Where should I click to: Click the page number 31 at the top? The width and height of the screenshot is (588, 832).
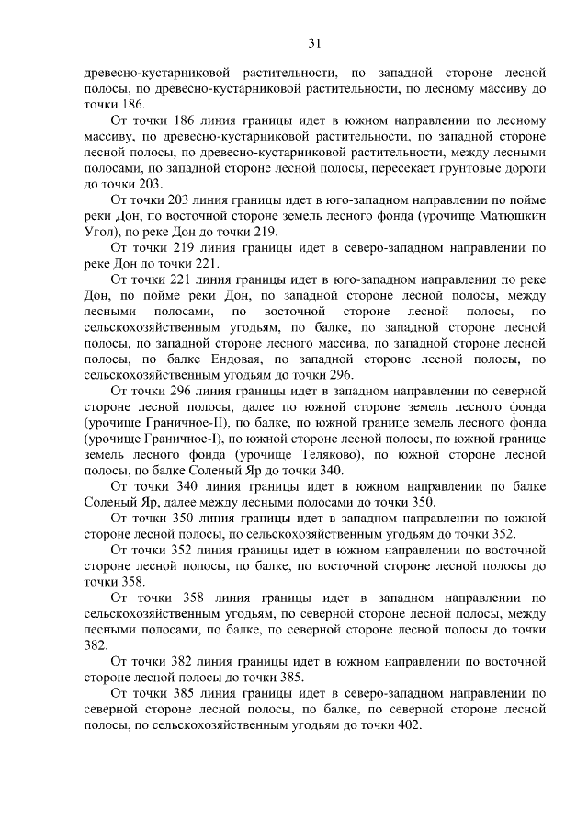313,42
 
